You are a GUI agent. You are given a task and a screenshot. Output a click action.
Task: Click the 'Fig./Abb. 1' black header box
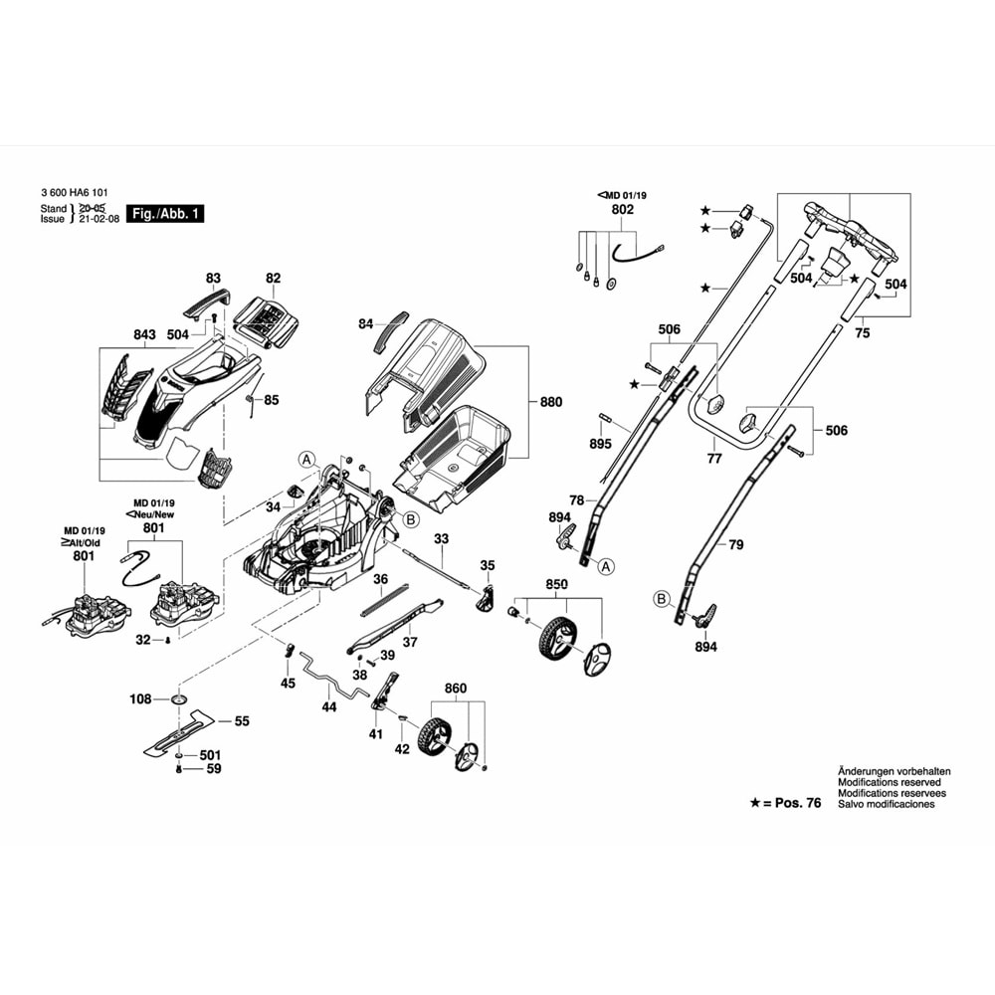tap(167, 214)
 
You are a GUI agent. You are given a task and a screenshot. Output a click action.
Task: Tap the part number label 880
tap(550, 402)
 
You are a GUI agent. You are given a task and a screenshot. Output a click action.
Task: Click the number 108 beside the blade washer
tap(141, 699)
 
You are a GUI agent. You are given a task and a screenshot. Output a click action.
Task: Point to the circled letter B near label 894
tap(660, 598)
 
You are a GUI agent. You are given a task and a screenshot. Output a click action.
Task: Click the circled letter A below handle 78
tap(606, 566)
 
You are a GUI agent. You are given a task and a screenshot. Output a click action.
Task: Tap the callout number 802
tap(622, 211)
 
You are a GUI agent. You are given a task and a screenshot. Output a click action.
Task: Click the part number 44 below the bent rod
tap(329, 706)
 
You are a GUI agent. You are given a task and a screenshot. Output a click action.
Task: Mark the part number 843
tap(144, 335)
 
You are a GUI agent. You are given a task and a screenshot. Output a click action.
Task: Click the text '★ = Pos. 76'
tap(785, 803)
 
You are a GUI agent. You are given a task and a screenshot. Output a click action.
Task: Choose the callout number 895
tap(600, 443)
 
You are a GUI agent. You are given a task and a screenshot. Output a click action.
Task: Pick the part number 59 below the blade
tap(214, 768)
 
